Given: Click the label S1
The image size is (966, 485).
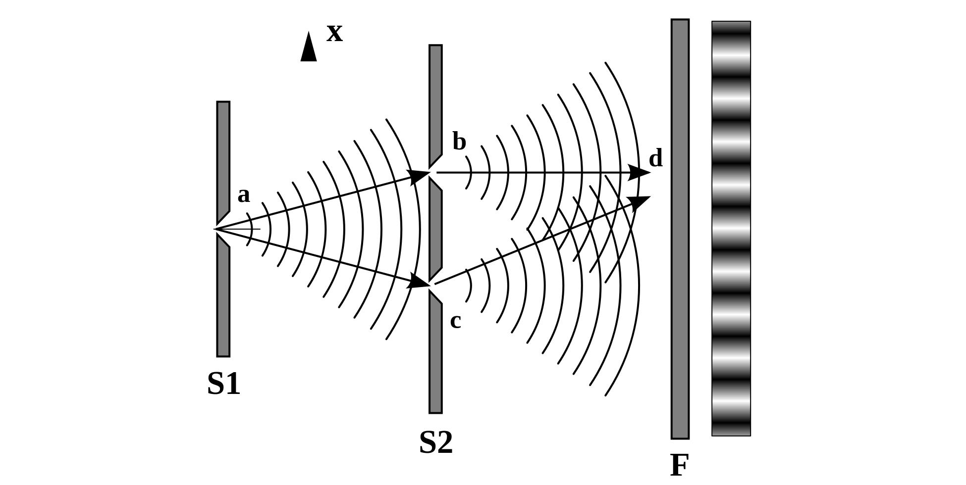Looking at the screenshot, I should click(x=223, y=384).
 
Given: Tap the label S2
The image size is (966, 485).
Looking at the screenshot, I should click(x=435, y=442).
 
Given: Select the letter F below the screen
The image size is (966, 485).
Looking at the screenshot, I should click(x=679, y=465).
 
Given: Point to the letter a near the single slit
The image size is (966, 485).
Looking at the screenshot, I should click(x=243, y=195).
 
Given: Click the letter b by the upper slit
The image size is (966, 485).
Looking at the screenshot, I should click(x=459, y=142).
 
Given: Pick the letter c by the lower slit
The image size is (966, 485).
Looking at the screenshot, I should click(x=455, y=321).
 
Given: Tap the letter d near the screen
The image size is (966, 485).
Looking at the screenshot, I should click(x=655, y=159).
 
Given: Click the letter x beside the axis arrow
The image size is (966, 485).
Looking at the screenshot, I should click(x=334, y=33).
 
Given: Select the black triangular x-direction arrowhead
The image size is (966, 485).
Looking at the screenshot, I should click(x=309, y=48).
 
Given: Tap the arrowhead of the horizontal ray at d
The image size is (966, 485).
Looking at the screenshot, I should click(x=639, y=173).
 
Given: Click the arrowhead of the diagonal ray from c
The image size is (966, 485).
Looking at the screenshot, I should click(x=639, y=201).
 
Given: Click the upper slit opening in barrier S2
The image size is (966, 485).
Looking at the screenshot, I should click(x=435, y=173).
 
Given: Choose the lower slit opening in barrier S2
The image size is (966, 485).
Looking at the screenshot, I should click(x=435, y=285).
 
